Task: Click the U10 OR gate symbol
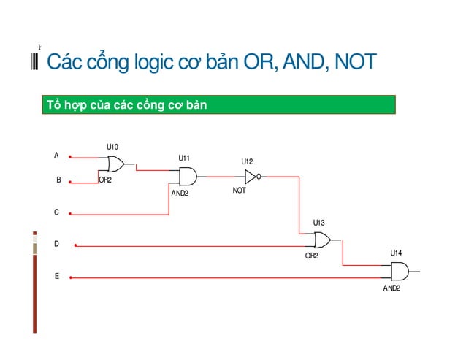(115, 163)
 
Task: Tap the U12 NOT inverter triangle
(250, 176)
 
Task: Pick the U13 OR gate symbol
(321, 240)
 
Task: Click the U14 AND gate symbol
(400, 272)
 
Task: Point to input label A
(56, 156)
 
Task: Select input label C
(56, 212)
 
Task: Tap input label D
(56, 245)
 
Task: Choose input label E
(56, 277)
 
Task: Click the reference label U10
(112, 147)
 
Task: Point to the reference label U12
(247, 162)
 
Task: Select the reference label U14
(396, 253)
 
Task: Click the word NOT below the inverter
(240, 191)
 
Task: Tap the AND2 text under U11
(180, 194)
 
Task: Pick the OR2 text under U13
(312, 256)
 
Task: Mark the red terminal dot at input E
(71, 277)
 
